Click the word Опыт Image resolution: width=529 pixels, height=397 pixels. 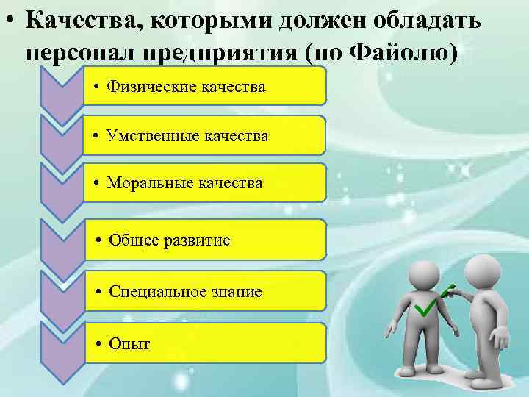click(129, 343)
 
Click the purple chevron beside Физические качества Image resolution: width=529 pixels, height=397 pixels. click(62, 92)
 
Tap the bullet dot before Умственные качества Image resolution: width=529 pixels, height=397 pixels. click(97, 136)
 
